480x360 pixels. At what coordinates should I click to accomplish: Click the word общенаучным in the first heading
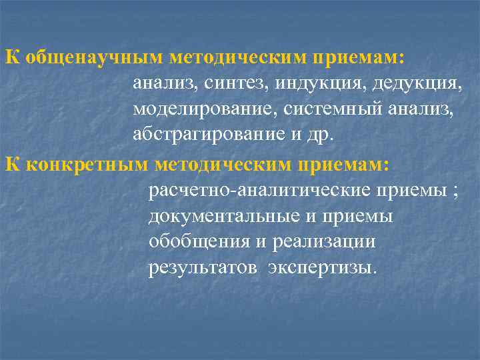92,57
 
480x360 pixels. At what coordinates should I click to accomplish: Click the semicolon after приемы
455,193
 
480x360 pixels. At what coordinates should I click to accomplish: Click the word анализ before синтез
161,85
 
